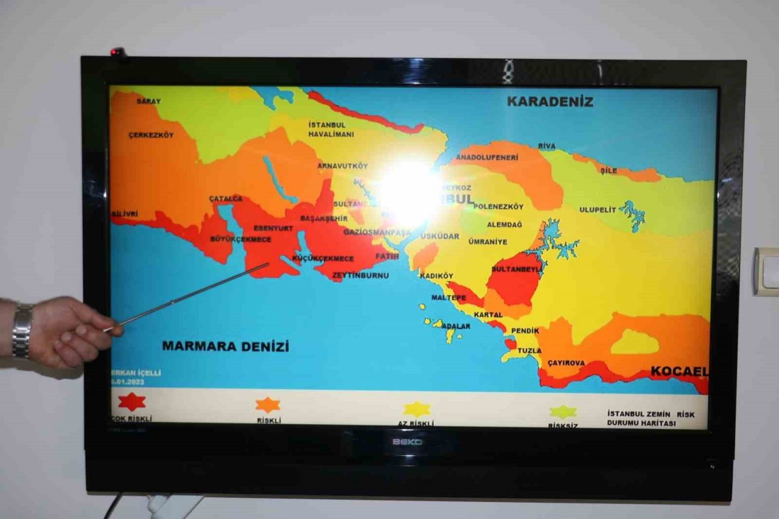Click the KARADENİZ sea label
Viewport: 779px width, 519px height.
point(550,102)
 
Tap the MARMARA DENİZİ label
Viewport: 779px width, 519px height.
point(225,346)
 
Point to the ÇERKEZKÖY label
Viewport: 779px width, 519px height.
point(151,135)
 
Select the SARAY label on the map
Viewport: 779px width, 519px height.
point(148,101)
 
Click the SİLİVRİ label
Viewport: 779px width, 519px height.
point(125,214)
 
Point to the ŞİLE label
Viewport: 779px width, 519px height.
point(609,171)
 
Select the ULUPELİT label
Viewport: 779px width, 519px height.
point(597,210)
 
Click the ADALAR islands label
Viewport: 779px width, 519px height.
point(456,326)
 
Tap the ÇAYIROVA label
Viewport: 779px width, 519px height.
point(566,363)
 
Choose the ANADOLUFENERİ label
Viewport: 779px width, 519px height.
point(487,157)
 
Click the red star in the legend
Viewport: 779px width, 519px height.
point(131,402)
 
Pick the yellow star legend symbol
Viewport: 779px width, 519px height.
point(417,409)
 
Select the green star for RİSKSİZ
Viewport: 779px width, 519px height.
point(563,412)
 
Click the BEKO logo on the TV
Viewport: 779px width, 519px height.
point(407,442)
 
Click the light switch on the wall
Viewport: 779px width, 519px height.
point(766,271)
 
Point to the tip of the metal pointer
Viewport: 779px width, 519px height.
point(268,264)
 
